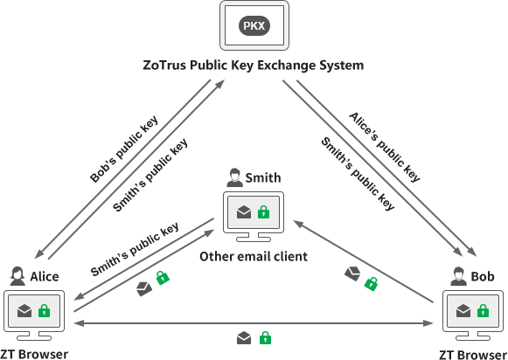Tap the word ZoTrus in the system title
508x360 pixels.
click(x=164, y=66)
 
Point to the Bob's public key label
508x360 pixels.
click(x=123, y=149)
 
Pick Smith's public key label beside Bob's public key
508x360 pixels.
click(x=150, y=175)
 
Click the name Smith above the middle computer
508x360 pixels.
click(x=262, y=178)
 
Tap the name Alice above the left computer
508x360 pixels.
click(x=45, y=276)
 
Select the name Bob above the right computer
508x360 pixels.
click(x=483, y=276)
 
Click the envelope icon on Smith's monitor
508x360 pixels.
click(x=243, y=212)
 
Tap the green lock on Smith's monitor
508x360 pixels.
click(x=263, y=212)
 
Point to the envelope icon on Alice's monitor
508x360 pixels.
click(x=24, y=311)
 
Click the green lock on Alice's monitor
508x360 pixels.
click(x=45, y=311)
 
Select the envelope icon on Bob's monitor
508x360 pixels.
click(x=463, y=311)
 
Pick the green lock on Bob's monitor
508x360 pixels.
click(x=483, y=311)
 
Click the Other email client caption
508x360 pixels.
click(x=254, y=257)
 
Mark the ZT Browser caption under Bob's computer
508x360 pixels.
click(x=472, y=354)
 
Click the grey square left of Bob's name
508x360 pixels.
click(x=458, y=276)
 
